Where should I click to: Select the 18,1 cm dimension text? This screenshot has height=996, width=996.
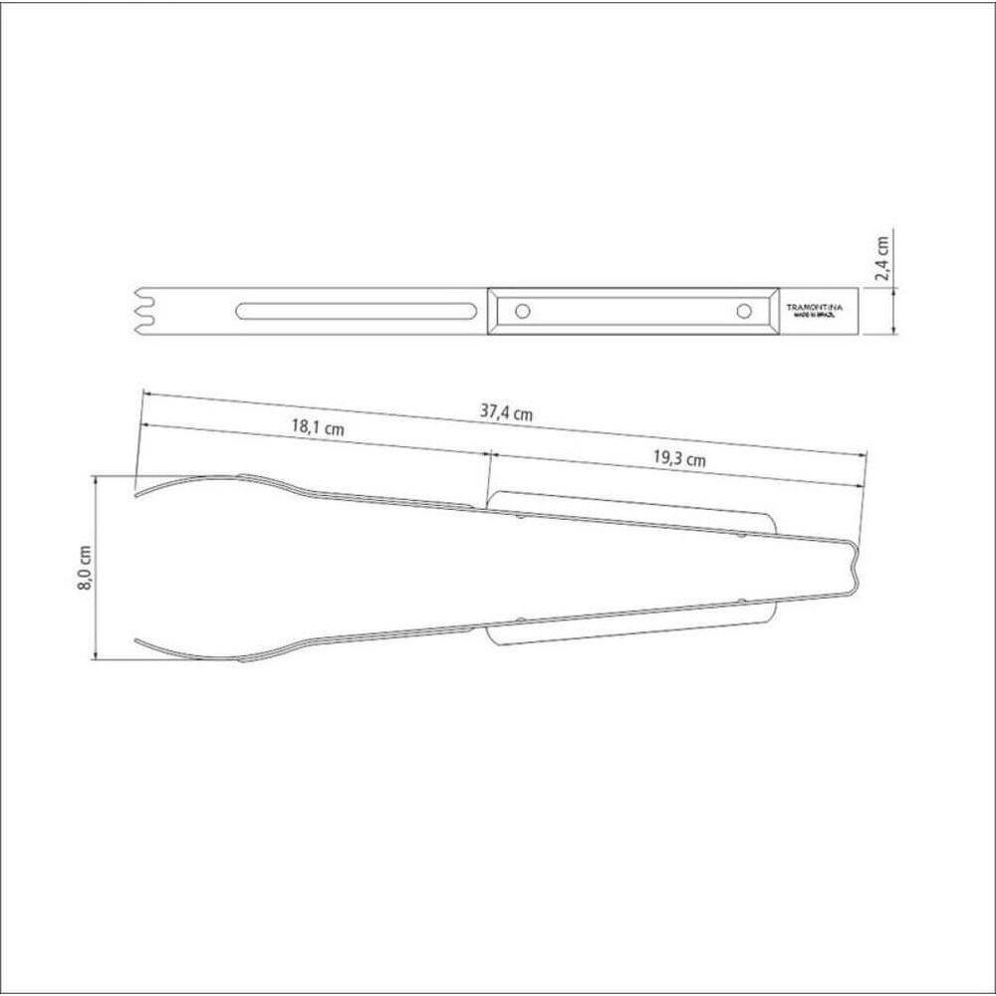click(317, 428)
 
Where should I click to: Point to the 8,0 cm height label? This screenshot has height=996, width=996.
click(84, 568)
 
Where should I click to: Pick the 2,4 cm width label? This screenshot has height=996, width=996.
click(882, 260)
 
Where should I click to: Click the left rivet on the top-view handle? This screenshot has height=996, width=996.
click(521, 311)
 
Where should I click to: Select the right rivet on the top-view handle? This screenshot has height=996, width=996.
click(743, 311)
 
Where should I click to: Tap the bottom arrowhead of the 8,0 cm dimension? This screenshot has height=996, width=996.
click(96, 655)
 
